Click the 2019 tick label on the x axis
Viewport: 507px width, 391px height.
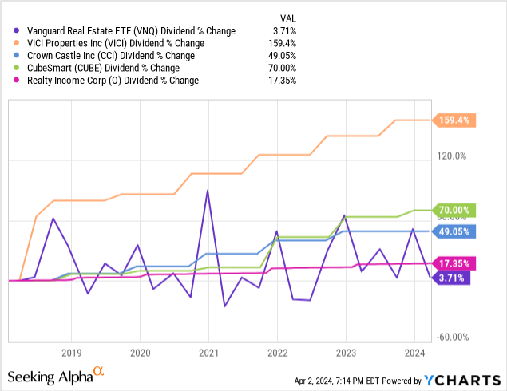click(x=71, y=352)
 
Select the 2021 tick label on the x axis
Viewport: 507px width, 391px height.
click(x=208, y=352)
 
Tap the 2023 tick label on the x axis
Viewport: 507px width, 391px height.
click(x=345, y=352)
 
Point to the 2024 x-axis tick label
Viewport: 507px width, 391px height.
click(x=414, y=352)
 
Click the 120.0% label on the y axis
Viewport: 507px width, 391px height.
click(x=450, y=156)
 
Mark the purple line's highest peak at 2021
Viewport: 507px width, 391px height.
click(x=208, y=191)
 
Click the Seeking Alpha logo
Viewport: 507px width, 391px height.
click(x=56, y=374)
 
